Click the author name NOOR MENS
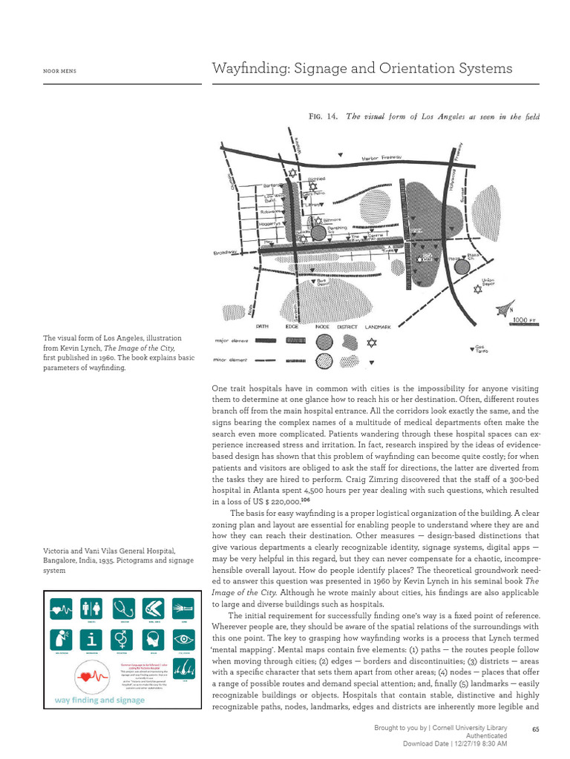tap(60, 71)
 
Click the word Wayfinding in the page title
tap(246, 69)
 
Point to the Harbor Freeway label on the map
tap(381, 158)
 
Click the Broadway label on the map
tap(224, 252)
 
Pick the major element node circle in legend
tap(324, 342)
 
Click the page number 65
tap(536, 730)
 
